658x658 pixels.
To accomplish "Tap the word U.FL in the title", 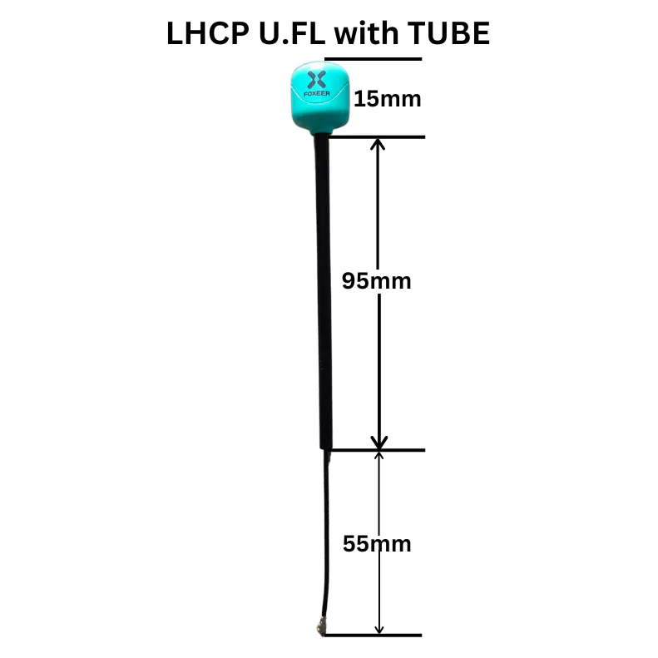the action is click(x=292, y=32).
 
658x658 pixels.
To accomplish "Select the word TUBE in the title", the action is click(x=448, y=32).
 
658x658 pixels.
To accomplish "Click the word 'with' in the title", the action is click(x=366, y=32).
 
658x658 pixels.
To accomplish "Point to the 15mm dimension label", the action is click(x=388, y=99).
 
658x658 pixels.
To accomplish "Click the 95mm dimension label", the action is click(x=377, y=280).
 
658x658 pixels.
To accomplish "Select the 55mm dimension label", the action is click(x=377, y=544).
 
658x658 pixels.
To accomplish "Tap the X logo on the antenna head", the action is click(x=316, y=80).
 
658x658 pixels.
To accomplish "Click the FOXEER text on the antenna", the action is click(x=317, y=93).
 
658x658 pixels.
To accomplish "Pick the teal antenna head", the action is click(x=319, y=98).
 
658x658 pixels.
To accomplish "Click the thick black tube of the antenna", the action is click(x=323, y=292).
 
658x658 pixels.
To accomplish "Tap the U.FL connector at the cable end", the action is click(x=322, y=628).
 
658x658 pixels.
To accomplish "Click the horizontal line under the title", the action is click(x=373, y=59).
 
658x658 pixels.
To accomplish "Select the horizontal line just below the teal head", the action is click(x=377, y=137).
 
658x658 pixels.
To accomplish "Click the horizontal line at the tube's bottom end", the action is click(x=377, y=450).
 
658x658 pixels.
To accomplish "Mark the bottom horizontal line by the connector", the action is click(x=373, y=636).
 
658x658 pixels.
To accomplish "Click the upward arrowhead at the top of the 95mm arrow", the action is click(x=378, y=145).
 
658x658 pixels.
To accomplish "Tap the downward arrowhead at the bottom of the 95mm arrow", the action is click(x=379, y=443).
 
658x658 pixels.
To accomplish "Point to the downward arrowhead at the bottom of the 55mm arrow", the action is click(x=379, y=629).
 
